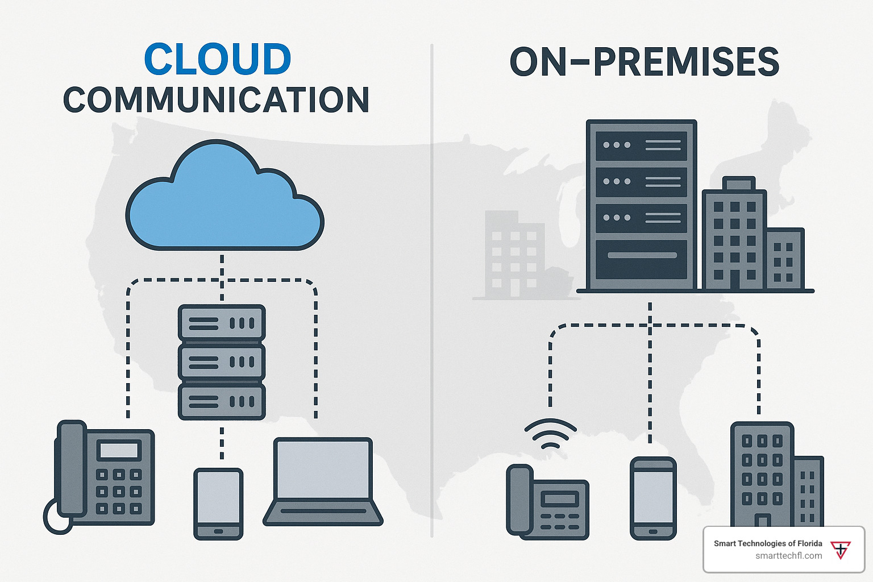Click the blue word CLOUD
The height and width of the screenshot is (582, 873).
coord(218,60)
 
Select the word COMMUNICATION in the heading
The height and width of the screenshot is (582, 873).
coord(216,101)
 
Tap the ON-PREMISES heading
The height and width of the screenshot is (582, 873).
coord(644,62)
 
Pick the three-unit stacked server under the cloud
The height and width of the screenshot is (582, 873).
coord(222,362)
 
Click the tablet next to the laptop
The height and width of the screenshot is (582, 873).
coord(218,503)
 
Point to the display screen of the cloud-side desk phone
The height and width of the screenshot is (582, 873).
coord(119,450)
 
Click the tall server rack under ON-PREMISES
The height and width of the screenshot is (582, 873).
coord(641,205)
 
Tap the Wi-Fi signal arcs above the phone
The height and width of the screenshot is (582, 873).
coord(550,434)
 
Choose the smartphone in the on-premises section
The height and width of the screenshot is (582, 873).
coord(653,498)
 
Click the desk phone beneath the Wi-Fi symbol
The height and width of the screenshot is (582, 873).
coord(547,502)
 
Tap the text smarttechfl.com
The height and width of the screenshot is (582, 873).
coord(788,556)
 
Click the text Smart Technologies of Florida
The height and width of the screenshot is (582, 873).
coord(768,543)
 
